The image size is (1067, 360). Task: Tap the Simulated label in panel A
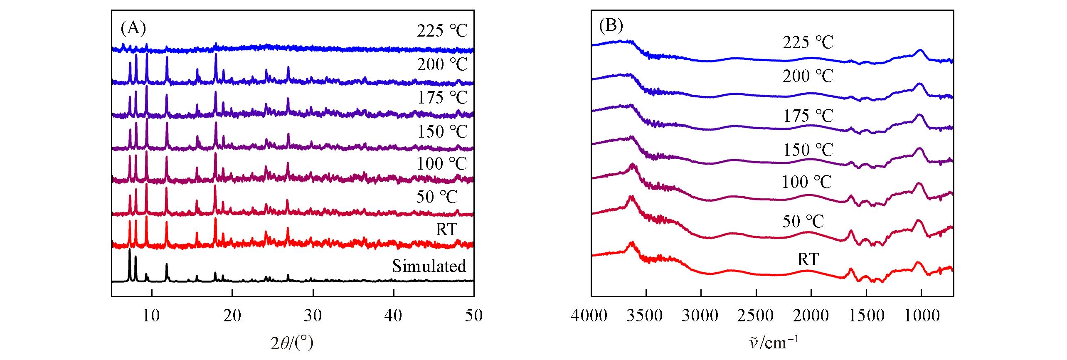[x=429, y=266]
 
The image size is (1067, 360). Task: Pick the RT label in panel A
[x=446, y=229]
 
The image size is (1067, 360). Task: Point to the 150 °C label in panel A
[x=442, y=132]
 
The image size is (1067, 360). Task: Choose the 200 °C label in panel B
[x=808, y=76]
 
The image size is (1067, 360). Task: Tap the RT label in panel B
[x=808, y=259]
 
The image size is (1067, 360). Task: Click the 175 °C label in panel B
[x=808, y=116]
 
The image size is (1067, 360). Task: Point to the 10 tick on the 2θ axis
[x=152, y=316]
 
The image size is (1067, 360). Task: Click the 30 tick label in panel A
[x=313, y=316]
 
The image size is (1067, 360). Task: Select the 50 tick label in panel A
[x=473, y=316]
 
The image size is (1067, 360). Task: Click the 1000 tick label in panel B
[x=921, y=316]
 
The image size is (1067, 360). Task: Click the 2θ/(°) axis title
[x=292, y=343]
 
